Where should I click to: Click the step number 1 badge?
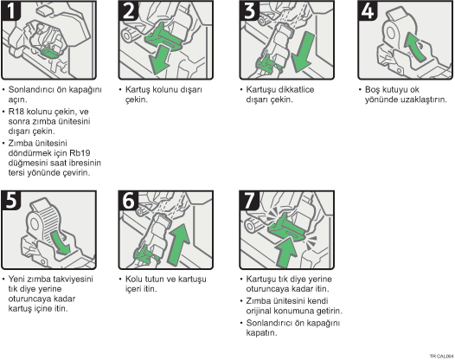click(11, 10)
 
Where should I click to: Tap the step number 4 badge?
click(368, 10)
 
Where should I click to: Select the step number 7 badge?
click(249, 200)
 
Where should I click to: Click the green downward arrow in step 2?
click(159, 61)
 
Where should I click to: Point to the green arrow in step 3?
click(303, 52)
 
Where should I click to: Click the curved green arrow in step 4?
click(415, 47)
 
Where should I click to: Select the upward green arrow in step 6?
click(178, 244)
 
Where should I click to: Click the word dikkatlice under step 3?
click(296, 89)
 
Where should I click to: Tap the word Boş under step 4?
click(372, 90)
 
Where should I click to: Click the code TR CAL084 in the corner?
click(441, 356)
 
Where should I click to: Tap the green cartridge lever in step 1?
click(50, 52)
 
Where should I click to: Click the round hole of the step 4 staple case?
click(391, 33)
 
